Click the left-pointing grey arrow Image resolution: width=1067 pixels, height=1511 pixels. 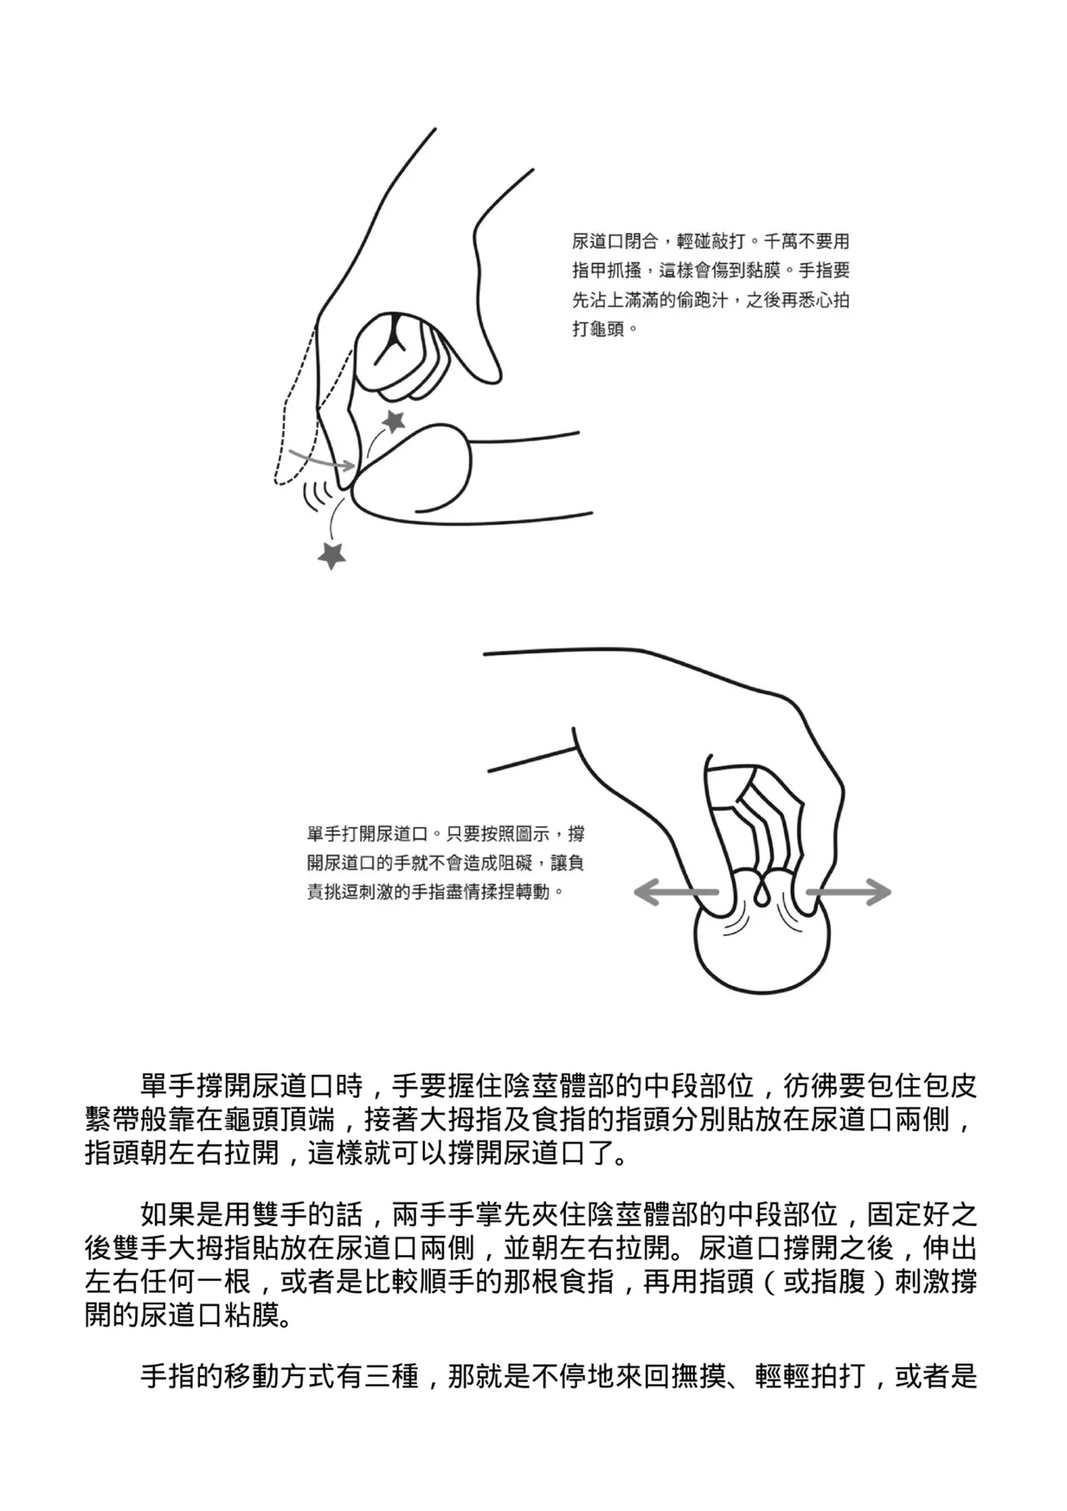675,893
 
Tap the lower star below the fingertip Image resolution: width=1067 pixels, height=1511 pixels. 332,554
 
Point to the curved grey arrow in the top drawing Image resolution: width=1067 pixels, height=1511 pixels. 321,458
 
